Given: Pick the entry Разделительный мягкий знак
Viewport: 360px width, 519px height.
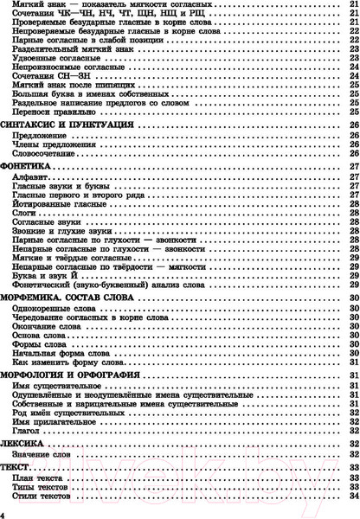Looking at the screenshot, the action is point(63,48).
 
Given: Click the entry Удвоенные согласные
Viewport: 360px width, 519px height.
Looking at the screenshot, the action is point(50,57).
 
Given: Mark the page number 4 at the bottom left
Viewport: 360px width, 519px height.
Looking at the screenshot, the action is point(4,514).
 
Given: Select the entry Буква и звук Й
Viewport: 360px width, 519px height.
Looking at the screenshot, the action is point(42,274).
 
